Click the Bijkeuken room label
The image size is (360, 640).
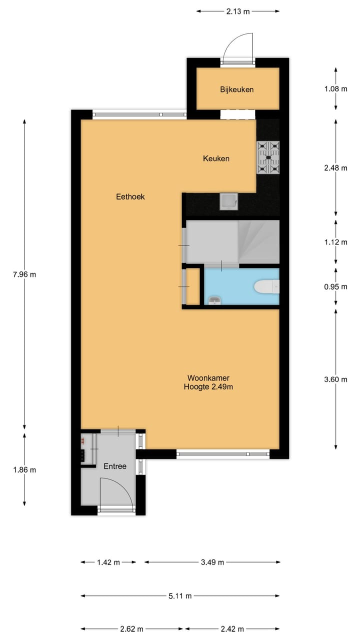coord(237,90)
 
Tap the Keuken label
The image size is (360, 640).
coord(216,158)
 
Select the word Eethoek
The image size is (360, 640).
coord(130,197)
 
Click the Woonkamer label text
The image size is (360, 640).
coord(208,378)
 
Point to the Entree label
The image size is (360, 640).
coord(115,466)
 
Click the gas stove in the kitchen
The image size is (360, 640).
coord(268,157)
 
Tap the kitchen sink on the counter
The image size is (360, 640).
coord(229,201)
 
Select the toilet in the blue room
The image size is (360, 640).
coord(266,287)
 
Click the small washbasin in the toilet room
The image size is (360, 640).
coord(213,300)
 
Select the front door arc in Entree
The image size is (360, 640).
coord(116,492)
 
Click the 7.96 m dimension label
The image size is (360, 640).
coord(24,274)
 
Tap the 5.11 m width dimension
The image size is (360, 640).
coord(180,595)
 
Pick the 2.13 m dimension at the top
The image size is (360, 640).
coord(238,10)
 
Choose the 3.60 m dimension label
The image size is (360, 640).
coord(335,379)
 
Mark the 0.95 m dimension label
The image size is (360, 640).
coord(335,286)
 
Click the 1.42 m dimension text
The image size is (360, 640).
coord(108,562)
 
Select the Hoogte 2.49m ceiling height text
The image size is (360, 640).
coord(208,386)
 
